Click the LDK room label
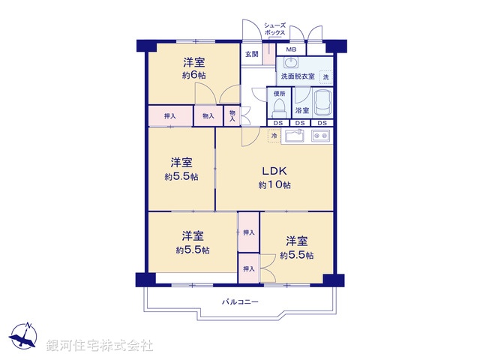tap(274, 169)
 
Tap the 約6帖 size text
tap(193, 76)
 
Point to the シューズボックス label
tap(274, 30)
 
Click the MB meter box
tap(291, 49)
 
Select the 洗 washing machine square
tap(325, 76)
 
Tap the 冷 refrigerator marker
tap(274, 136)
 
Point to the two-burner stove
tap(321, 136)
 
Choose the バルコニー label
tap(240, 301)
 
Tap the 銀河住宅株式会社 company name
tap(100, 345)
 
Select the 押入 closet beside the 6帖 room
tap(170, 116)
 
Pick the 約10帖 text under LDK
tap(274, 184)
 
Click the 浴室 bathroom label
tap(302, 110)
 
